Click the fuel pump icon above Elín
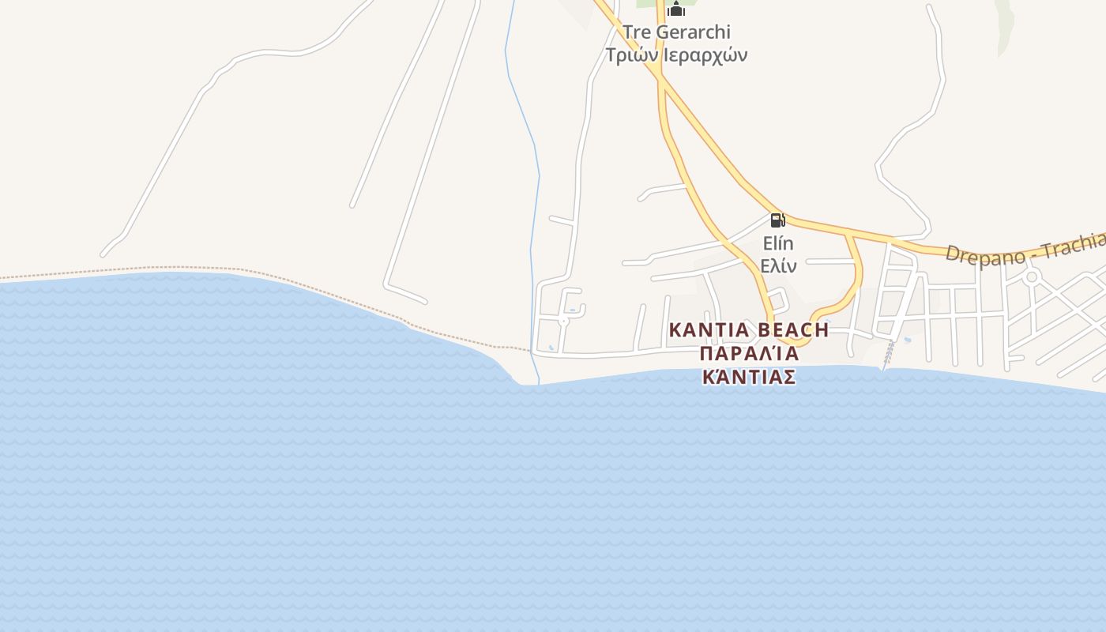(777, 220)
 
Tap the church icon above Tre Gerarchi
(675, 9)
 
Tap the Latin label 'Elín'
(778, 243)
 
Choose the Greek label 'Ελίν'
(778, 265)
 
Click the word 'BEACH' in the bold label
(792, 330)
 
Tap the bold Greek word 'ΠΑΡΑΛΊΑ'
(749, 354)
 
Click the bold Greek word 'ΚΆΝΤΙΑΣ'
(749, 377)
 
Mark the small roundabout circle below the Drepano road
(1031, 276)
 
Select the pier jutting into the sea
(887, 356)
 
